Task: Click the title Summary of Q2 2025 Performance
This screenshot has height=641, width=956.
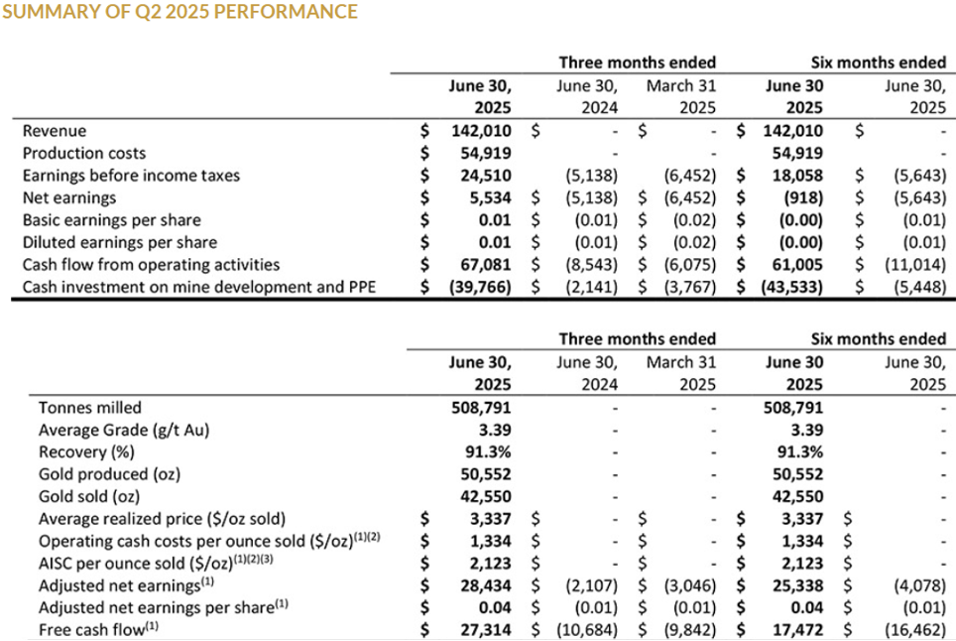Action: pos(179,12)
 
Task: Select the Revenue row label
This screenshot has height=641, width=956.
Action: pos(55,131)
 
